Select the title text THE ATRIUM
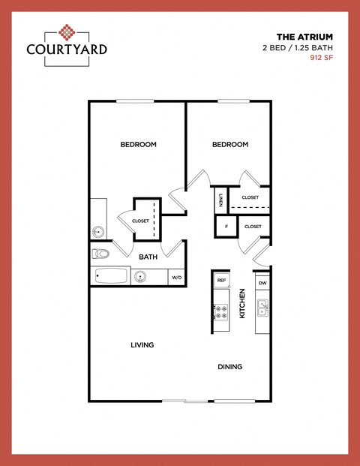(x=304, y=36)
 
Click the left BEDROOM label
(x=138, y=144)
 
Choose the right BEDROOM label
(x=229, y=144)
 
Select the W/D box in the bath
(x=177, y=278)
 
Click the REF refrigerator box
(x=221, y=281)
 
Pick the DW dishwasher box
(x=262, y=283)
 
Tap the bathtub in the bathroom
(x=110, y=277)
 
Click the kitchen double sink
(x=262, y=307)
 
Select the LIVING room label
(x=142, y=345)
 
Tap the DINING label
(x=229, y=367)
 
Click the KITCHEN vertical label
(x=241, y=304)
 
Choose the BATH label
(x=148, y=257)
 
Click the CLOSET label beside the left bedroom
(x=140, y=221)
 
